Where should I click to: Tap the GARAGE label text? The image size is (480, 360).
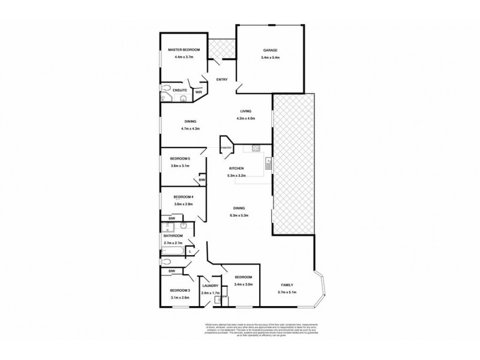[x=269, y=50]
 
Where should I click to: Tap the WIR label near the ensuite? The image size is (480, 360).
[x=199, y=92]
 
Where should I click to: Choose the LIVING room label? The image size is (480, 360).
[x=246, y=111]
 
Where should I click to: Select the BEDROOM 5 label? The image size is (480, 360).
[x=181, y=158]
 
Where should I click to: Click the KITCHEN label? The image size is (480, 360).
[x=236, y=169]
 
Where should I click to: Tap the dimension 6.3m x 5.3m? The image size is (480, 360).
[x=239, y=215]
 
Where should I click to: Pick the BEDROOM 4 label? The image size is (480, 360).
[x=182, y=197]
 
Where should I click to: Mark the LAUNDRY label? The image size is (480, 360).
[x=209, y=286]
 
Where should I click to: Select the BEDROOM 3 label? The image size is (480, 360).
[x=180, y=290]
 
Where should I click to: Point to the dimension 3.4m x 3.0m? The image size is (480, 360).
[x=244, y=284]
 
